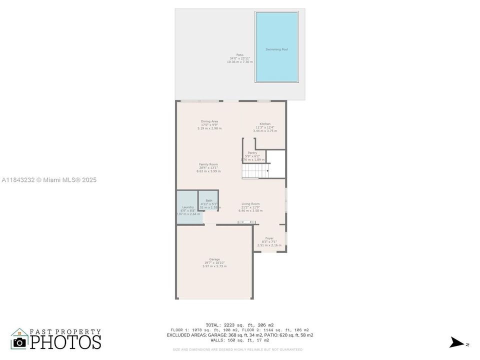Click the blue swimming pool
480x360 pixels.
pos(276,47)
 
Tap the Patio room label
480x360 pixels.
pos(239,55)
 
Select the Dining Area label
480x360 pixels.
pos(209,121)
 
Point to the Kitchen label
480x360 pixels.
pos(264,124)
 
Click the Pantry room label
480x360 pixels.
pos(252,153)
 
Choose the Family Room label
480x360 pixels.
pos(208,164)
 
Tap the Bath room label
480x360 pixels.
pos(209,200)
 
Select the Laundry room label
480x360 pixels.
pos(188,207)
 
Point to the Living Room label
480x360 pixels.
pos(250,204)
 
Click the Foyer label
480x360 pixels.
pos(269,238)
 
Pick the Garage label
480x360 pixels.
pos(214,259)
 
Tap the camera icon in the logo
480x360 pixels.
pos(20,342)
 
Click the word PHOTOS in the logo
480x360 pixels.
pos(65,341)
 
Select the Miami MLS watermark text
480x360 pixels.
pos(49,180)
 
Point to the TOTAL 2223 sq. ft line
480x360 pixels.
pos(239,325)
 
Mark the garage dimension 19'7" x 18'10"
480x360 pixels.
pos(214,262)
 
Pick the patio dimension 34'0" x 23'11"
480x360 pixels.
pos(239,58)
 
